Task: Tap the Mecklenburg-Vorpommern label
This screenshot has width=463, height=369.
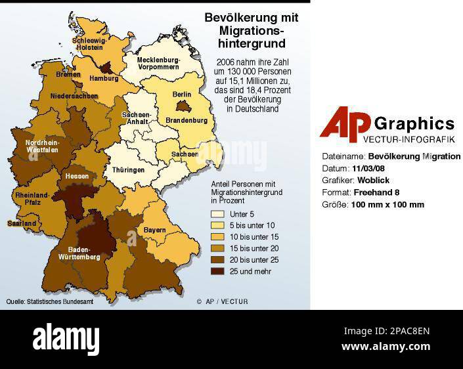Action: pos(158,64)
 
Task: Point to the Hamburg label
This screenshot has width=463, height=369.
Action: pos(103,78)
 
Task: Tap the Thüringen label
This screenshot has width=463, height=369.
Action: pos(128,169)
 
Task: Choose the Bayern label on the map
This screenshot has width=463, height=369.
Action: pos(154,230)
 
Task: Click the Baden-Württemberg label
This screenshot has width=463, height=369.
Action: pos(84,253)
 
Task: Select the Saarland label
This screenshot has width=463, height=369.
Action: pos(21,223)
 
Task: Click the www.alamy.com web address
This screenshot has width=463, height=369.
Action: pos(386,347)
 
